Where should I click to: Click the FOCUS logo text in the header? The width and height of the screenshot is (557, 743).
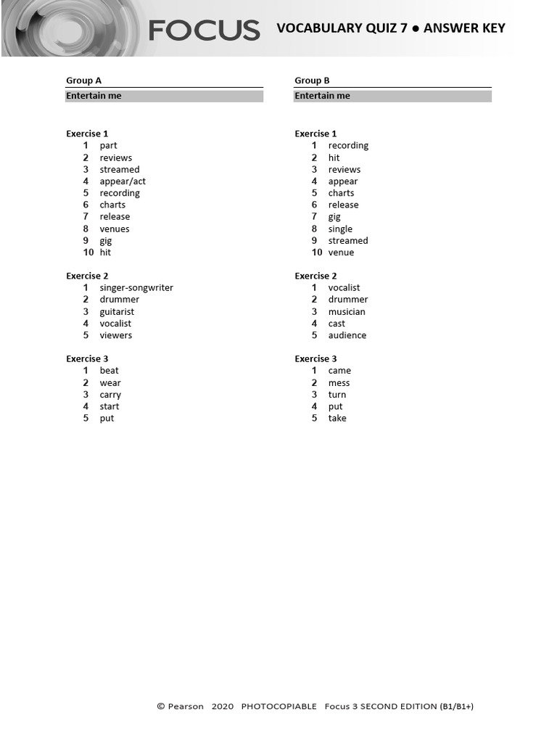[x=204, y=30]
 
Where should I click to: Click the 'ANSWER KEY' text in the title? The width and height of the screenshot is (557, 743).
[x=464, y=28]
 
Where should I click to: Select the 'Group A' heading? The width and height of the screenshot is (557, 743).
[x=83, y=81]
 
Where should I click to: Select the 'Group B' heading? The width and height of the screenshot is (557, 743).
[x=312, y=81]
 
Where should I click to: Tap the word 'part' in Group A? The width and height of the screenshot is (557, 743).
[x=108, y=146]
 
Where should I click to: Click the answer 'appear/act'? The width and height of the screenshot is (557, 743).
[x=123, y=181]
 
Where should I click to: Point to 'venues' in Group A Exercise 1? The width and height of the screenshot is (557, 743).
[x=115, y=229]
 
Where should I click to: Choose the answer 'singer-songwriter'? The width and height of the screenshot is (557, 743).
[x=136, y=287]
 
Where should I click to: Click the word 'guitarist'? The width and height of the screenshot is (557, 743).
[x=117, y=312]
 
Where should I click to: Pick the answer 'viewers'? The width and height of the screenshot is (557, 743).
[x=116, y=335]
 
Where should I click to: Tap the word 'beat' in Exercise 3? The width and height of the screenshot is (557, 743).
[x=109, y=371]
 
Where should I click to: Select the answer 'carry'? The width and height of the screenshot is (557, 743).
[x=110, y=395]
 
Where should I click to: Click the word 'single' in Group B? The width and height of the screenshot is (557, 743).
[x=340, y=229]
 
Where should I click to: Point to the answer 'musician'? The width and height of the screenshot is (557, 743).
[x=347, y=312]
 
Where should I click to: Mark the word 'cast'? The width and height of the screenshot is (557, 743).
[x=337, y=324]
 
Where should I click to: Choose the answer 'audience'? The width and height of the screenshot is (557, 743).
[x=347, y=335]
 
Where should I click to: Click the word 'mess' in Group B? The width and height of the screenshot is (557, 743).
[x=339, y=383]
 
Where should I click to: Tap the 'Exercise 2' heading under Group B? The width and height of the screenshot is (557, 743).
[x=315, y=276]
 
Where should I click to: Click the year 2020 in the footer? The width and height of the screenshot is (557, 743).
[x=223, y=707]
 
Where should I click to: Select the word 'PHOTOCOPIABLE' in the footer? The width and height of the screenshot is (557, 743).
[x=278, y=707]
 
